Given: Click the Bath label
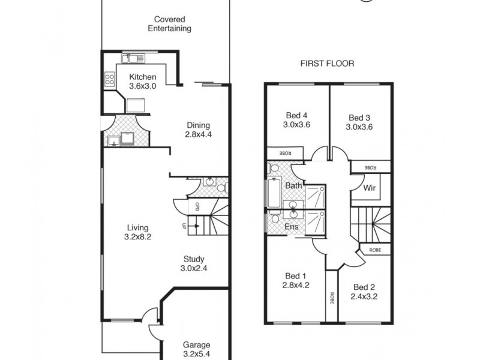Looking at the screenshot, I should [x=293, y=186].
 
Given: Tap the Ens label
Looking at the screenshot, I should [x=292, y=227].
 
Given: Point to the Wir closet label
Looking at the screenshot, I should [x=370, y=188].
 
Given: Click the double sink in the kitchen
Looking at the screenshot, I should [x=133, y=58].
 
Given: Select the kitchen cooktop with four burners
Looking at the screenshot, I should [x=110, y=79].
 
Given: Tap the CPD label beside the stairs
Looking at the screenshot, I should [x=197, y=207].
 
